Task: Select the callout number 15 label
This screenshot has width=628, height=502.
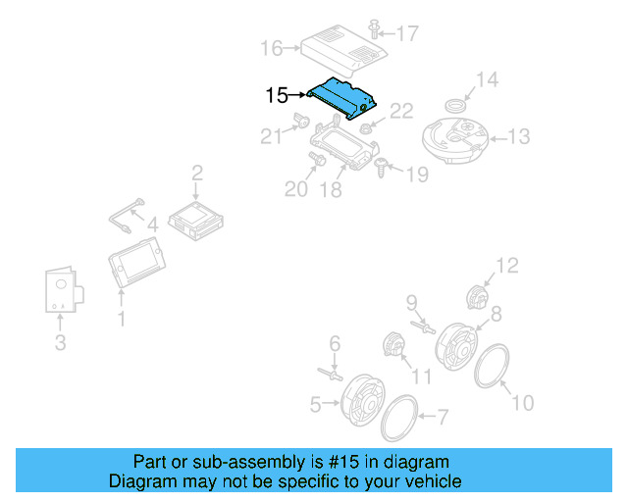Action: click(x=277, y=96)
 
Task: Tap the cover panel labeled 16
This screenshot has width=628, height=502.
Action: click(x=344, y=49)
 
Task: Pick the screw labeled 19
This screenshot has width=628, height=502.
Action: click(x=381, y=169)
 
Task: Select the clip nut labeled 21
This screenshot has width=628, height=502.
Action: click(x=301, y=123)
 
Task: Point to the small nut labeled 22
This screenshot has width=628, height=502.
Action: click(x=366, y=127)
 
